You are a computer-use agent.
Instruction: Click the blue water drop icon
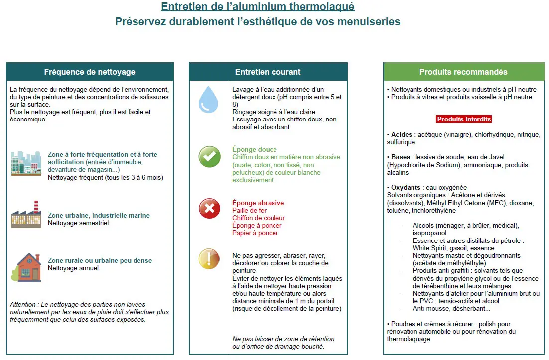point(208,99)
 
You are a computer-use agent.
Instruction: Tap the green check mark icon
point(209,157)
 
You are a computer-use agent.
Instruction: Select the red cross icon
point(209,208)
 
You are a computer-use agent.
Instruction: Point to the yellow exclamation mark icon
point(209,259)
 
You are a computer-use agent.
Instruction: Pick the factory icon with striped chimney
point(26,215)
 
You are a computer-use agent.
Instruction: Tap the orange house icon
point(26,266)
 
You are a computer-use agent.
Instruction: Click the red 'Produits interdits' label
point(464,119)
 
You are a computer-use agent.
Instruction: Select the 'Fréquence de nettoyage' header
point(90,72)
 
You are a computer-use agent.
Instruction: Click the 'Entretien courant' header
point(268,72)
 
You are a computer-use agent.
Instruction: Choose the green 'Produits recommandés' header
point(463,72)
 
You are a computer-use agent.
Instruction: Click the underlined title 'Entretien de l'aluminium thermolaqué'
point(258,7)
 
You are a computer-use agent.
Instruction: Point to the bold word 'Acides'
point(402,135)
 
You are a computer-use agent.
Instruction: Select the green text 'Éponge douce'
point(255,149)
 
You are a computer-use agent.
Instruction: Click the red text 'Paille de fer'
point(249,211)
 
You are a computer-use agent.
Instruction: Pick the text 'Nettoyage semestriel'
point(78,223)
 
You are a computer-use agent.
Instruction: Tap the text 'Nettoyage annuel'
point(73,268)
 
